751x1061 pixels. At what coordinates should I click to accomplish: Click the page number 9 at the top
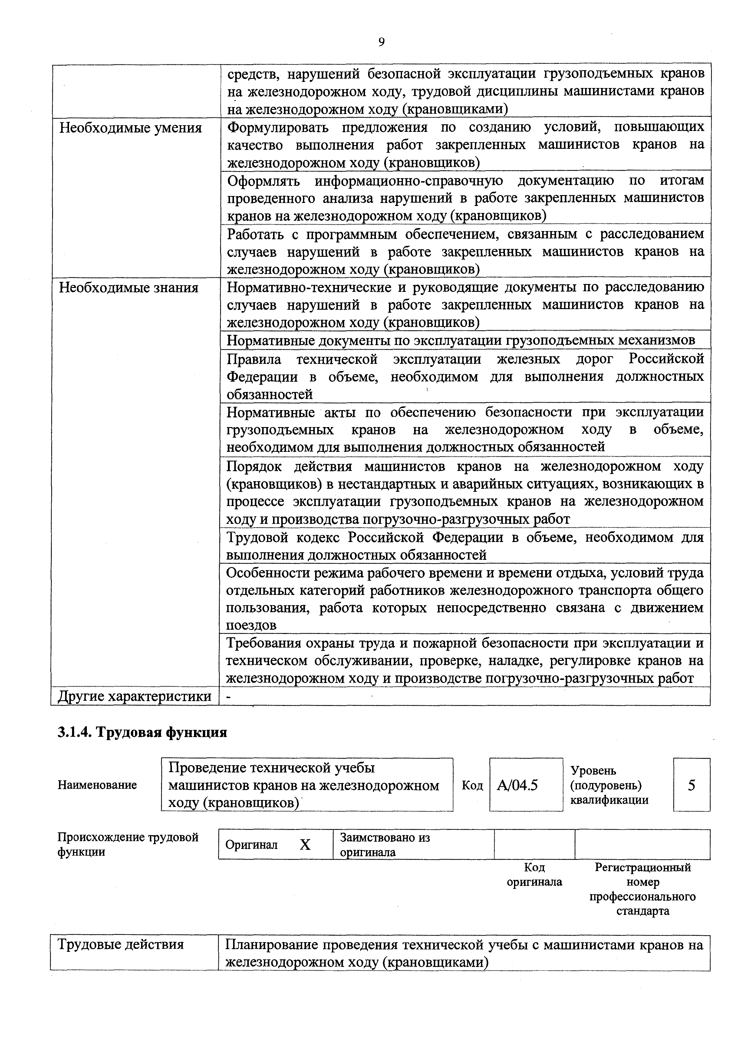coord(381,42)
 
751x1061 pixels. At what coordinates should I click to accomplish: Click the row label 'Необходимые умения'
coord(131,128)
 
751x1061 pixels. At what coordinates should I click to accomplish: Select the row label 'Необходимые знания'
coord(129,288)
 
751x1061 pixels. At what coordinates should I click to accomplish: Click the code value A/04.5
coord(517,785)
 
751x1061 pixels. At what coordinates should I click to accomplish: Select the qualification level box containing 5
coord(691,785)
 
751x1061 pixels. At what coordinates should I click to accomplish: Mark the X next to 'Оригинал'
coord(305,845)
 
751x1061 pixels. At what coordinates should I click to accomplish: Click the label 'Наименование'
coord(97,785)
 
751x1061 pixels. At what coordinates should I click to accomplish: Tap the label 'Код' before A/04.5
coord(472,785)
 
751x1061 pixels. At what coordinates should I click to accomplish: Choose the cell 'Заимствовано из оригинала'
coord(385,845)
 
